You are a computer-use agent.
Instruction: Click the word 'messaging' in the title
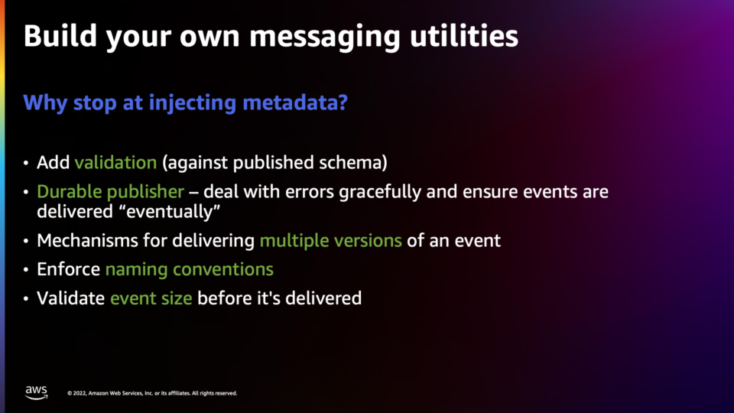pyautogui.click(x=325, y=37)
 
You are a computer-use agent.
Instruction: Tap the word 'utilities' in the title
pyautogui.click(x=464, y=36)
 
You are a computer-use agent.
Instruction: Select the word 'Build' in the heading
pyautogui.click(x=60, y=36)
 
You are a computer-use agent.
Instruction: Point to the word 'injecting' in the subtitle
pyautogui.click(x=193, y=103)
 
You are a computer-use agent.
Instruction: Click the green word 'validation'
pyautogui.click(x=115, y=162)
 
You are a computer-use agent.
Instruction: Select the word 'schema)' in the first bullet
pyautogui.click(x=353, y=162)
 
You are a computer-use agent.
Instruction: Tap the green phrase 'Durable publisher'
pyautogui.click(x=110, y=191)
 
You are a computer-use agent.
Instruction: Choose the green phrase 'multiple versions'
pyautogui.click(x=330, y=241)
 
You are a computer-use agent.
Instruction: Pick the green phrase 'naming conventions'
pyautogui.click(x=189, y=270)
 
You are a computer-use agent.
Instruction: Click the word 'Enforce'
pyautogui.click(x=68, y=270)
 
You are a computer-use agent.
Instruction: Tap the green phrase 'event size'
pyautogui.click(x=151, y=298)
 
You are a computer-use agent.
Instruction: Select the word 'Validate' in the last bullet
pyautogui.click(x=70, y=298)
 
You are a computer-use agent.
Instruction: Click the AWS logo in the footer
pyautogui.click(x=37, y=392)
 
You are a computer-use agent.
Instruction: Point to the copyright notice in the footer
pyautogui.click(x=152, y=393)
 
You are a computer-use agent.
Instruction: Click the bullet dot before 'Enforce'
pyautogui.click(x=26, y=270)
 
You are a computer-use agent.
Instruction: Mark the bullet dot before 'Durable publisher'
pyautogui.click(x=26, y=192)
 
